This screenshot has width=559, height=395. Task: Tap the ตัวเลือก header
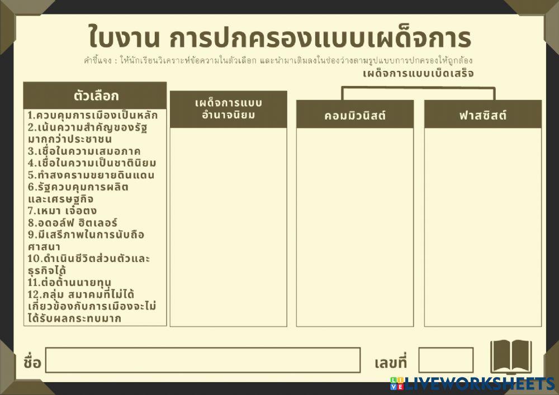tap(96, 95)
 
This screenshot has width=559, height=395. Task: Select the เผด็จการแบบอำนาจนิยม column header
tap(228, 109)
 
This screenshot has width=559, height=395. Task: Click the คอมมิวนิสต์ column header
tap(355, 116)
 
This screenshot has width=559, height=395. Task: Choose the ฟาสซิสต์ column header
tap(483, 116)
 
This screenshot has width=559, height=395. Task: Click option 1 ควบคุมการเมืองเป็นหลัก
tap(93, 116)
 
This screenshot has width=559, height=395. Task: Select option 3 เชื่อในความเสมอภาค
tap(84, 151)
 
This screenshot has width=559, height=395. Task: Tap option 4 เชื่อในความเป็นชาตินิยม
tap(92, 163)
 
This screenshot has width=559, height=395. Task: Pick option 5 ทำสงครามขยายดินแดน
tap(91, 175)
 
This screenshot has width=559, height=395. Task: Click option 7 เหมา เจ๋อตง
tap(63, 211)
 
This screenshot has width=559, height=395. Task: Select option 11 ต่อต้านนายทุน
tap(69, 282)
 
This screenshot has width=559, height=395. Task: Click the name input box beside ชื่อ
tap(203, 360)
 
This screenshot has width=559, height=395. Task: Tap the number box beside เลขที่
tap(446, 360)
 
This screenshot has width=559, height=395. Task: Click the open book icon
tap(510, 356)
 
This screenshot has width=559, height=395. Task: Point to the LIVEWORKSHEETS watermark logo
tap(473, 384)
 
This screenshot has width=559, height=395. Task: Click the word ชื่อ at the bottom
tap(32, 362)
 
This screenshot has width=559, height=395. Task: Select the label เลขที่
tap(391, 363)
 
